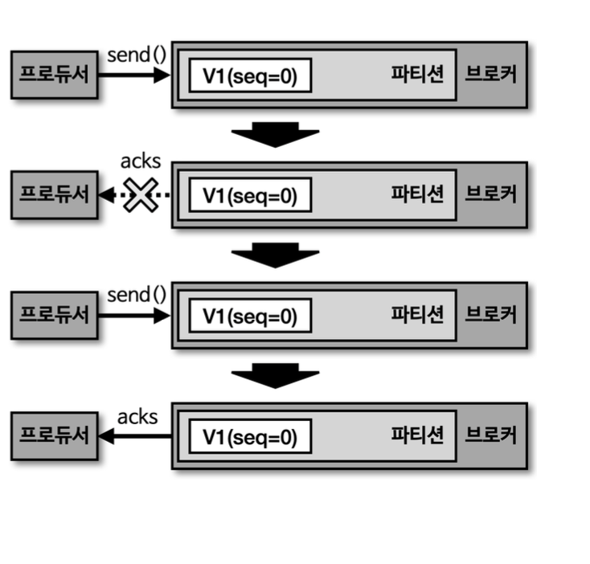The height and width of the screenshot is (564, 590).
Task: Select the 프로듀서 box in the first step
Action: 55,75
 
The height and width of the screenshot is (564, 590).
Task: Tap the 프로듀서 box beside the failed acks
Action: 55,195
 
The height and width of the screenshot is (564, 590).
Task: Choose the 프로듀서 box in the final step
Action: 55,436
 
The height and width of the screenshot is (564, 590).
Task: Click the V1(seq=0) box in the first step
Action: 250,76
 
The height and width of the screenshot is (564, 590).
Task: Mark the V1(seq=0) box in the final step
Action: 250,437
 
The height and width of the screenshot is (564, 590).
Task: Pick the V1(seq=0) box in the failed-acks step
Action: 250,196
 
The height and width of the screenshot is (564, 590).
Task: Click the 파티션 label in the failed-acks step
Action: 417,194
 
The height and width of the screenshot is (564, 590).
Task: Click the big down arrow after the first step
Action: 276,134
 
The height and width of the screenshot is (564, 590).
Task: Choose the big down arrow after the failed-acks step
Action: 276,254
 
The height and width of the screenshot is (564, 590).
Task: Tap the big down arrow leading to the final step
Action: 276,374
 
